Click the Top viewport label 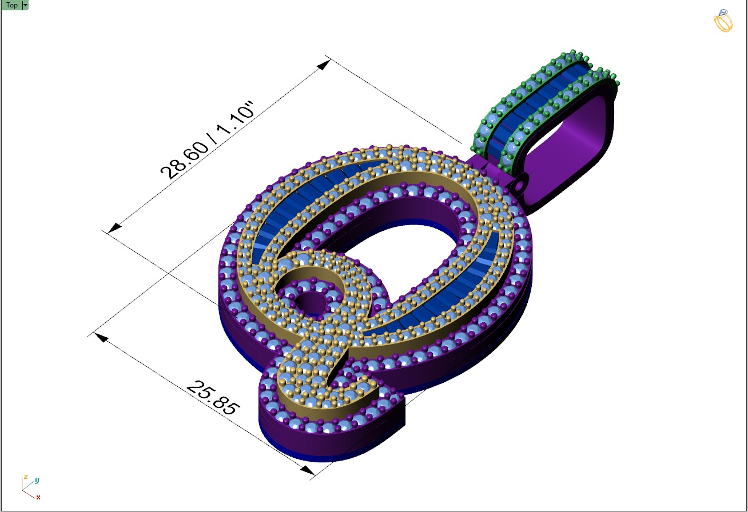coord(11,5)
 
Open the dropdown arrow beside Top coord(25,5)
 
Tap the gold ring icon coord(723,21)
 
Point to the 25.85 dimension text coord(213,398)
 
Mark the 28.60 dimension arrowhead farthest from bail coord(114,227)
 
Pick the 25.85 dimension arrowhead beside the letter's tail coord(307,470)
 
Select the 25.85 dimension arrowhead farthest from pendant coord(101,337)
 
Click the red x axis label coord(38,498)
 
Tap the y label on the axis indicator coord(37,481)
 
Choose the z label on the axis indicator coord(25,477)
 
